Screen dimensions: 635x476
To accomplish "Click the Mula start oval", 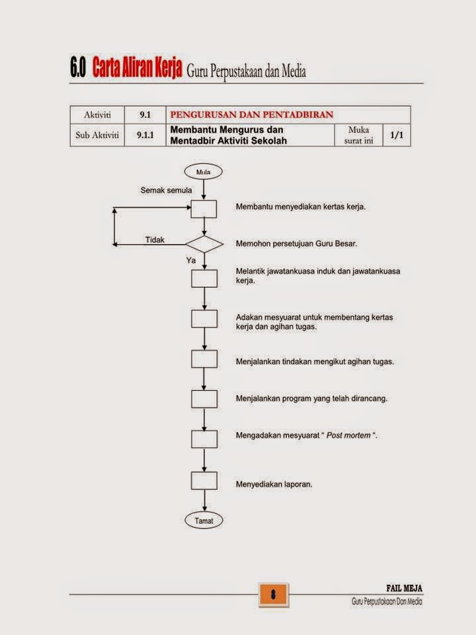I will [204, 172].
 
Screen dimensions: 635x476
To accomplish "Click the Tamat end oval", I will [204, 521].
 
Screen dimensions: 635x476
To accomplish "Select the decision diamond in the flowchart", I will [204, 244].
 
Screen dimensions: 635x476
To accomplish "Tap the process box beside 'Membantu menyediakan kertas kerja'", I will [204, 208].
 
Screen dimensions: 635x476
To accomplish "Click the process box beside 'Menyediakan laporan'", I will [204, 480].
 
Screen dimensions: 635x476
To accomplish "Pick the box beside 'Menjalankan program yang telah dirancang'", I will [204, 399].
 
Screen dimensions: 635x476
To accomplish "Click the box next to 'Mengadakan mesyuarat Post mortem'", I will [204, 439].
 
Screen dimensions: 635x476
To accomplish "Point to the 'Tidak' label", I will [155, 240].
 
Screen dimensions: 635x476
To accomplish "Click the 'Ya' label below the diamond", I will [191, 261].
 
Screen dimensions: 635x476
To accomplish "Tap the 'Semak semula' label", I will [166, 190].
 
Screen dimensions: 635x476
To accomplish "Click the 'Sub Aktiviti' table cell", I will [97, 135].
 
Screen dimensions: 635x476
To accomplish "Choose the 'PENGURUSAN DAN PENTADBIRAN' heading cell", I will [251, 114].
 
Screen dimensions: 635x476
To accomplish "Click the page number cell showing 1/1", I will [397, 135].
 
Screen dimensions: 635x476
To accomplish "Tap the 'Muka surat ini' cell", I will [358, 135].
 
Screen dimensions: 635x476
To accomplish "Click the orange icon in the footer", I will [272, 593].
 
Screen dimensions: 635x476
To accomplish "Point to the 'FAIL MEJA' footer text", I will [404, 588].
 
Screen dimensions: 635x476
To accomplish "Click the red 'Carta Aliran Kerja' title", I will [137, 69].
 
